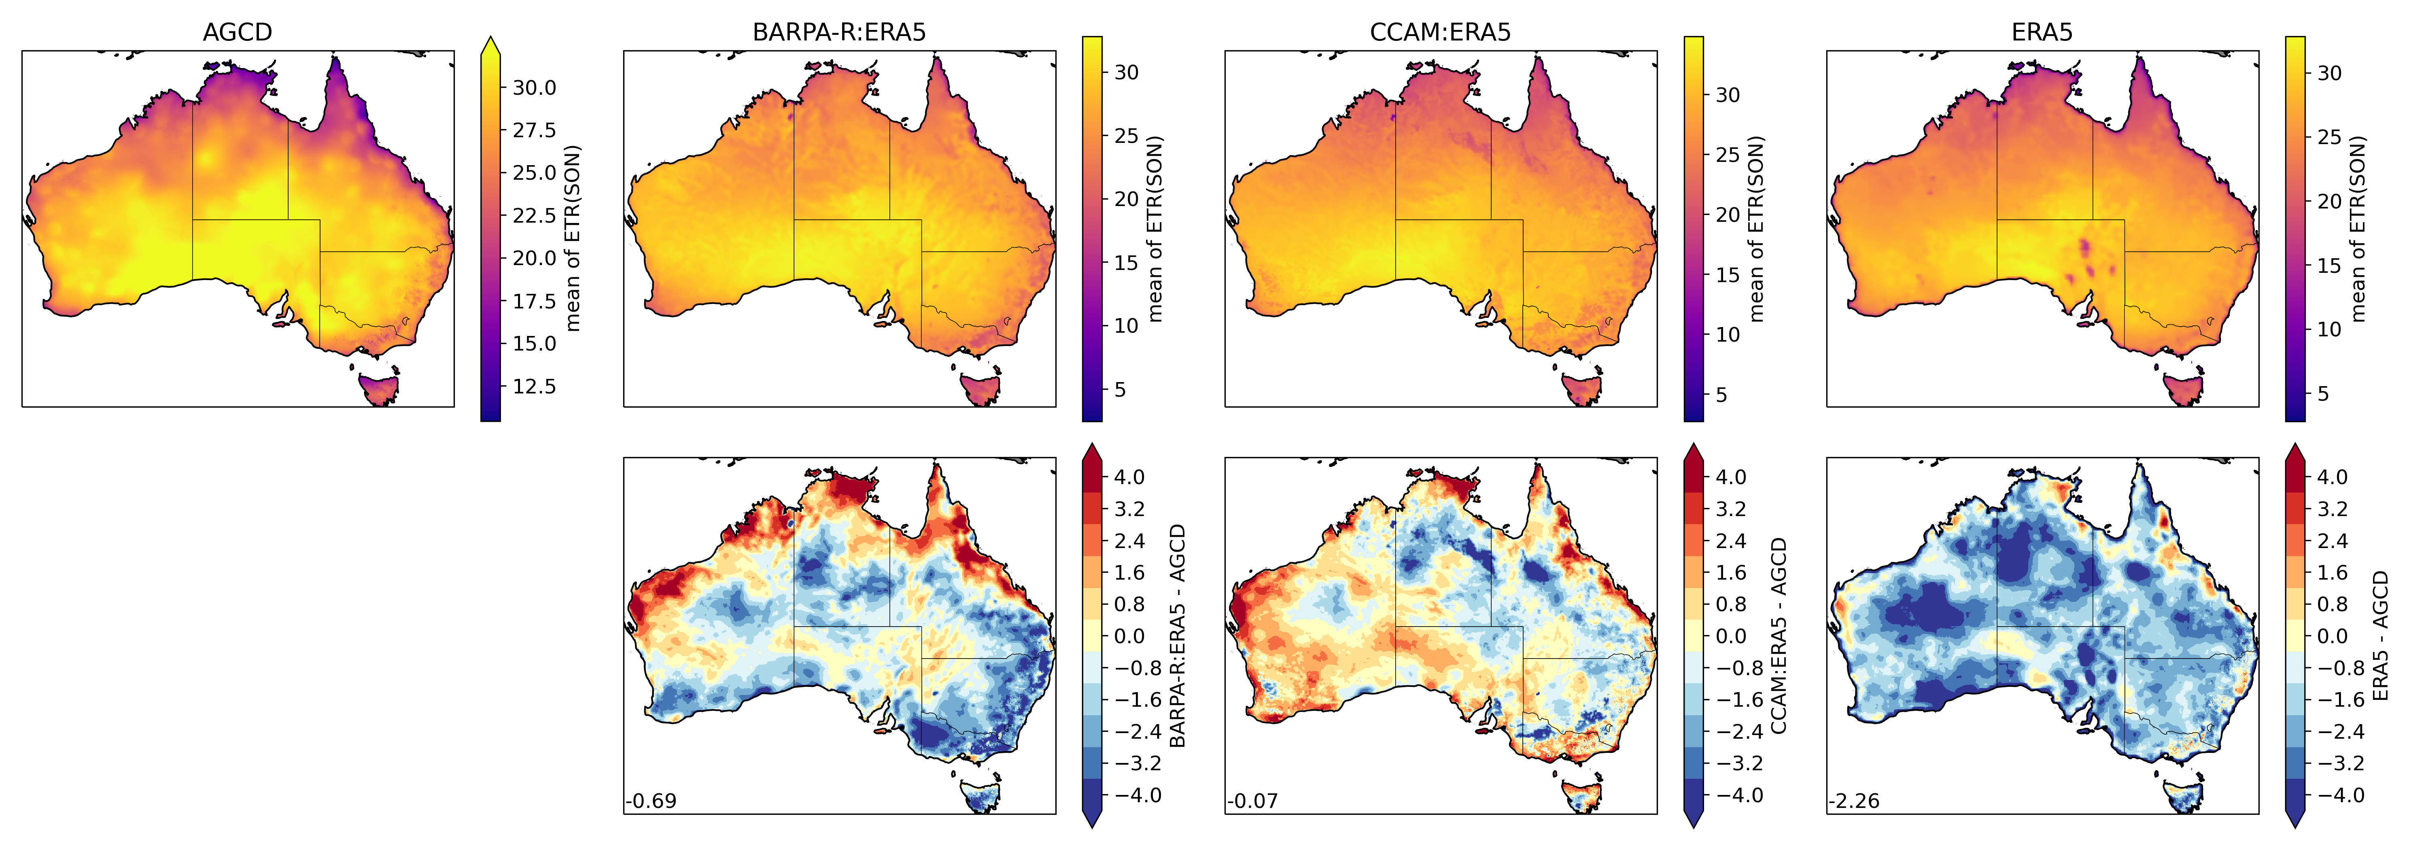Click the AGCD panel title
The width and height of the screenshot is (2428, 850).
238,32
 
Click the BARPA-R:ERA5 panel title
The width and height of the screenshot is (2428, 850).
839,32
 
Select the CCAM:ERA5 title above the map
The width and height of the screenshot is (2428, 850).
1440,32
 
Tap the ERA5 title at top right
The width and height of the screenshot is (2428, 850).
2042,32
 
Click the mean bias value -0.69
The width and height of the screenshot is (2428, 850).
652,801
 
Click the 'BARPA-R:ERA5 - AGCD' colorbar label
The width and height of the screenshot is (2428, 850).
1177,636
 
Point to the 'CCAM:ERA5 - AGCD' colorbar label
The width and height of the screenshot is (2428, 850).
1779,636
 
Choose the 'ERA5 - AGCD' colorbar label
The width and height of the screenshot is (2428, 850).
2380,636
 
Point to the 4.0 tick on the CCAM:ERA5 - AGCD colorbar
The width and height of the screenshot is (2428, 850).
1730,477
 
